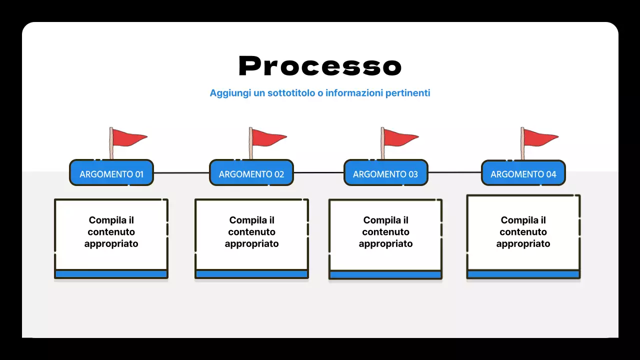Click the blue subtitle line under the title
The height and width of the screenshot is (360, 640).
click(x=320, y=93)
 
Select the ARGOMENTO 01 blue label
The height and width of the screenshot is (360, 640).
click(x=111, y=174)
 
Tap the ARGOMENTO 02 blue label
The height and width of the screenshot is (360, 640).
click(x=251, y=174)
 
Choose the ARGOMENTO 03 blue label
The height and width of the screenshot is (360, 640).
click(x=385, y=174)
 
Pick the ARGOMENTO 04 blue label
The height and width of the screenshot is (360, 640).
click(x=523, y=174)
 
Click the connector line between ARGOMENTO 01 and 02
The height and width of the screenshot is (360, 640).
click(x=181, y=173)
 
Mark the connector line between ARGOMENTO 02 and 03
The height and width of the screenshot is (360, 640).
click(x=318, y=173)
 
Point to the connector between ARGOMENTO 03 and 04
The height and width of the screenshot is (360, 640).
click(x=454, y=172)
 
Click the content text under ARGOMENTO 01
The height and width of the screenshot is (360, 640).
click(x=111, y=232)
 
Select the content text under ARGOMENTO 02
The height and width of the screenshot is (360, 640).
click(x=251, y=232)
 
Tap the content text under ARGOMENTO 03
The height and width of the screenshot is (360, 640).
click(x=385, y=232)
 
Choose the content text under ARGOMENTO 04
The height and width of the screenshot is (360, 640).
click(x=523, y=232)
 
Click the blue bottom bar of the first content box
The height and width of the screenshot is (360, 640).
click(x=111, y=274)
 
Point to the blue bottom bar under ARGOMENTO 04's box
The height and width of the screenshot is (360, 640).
click(x=523, y=274)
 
